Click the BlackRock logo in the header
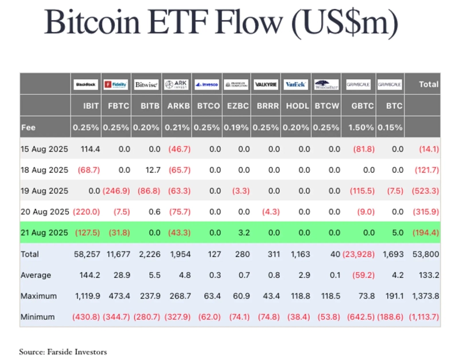coord(86,84)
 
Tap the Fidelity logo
coord(116,84)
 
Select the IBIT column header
coord(91,106)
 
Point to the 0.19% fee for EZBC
coord(237,127)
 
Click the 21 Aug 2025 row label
coord(44,233)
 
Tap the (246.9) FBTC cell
coord(116,191)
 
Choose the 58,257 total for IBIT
coord(87,253)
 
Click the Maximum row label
coord(38,296)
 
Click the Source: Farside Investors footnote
coord(63,351)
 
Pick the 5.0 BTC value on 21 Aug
coord(395,233)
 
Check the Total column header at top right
coord(428,84)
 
